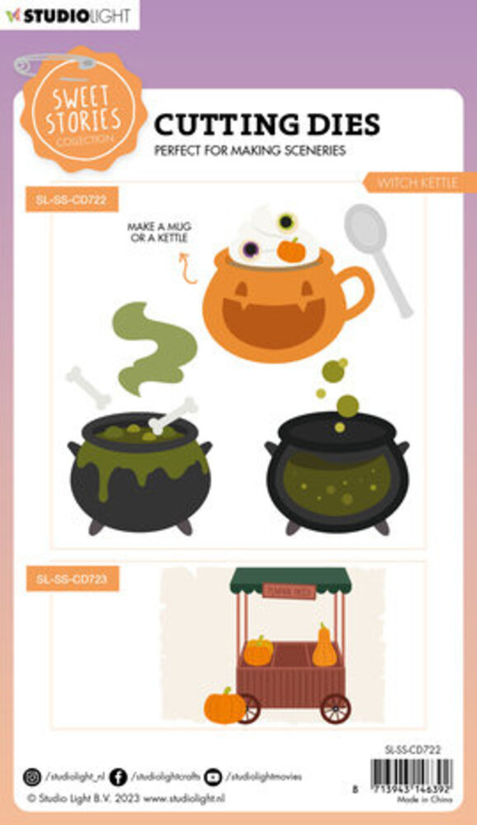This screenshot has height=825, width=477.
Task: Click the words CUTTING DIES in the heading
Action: click(267, 124)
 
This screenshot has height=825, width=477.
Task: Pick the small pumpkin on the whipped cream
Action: click(290, 249)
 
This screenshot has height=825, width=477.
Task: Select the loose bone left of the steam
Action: click(88, 387)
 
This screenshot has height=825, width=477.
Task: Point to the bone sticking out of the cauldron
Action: click(173, 415)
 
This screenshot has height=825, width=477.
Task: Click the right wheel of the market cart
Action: click(335, 708)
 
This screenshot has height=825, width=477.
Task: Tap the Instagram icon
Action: click(32, 776)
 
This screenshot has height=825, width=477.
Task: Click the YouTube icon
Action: click(213, 776)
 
